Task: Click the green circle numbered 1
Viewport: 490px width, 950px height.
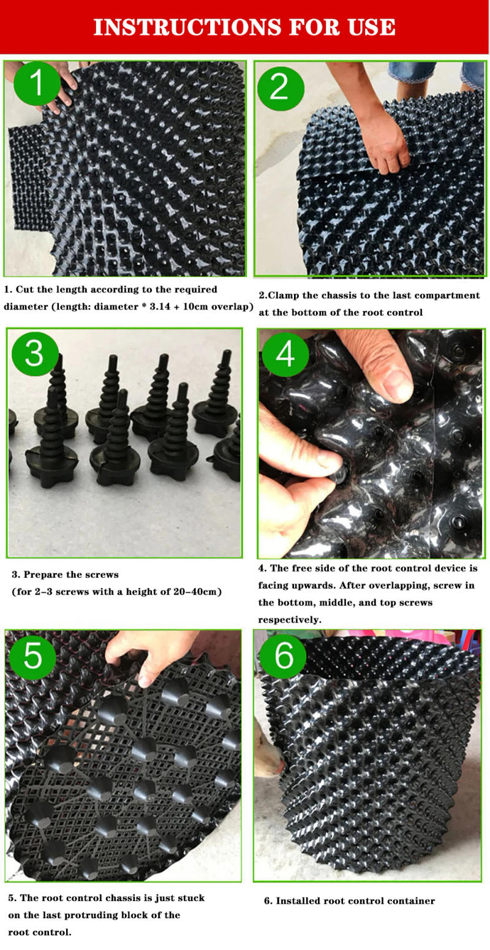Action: pyautogui.click(x=37, y=85)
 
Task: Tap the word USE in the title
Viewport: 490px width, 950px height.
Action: pyautogui.click(x=369, y=27)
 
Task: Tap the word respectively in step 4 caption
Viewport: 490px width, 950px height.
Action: pyautogui.click(x=289, y=619)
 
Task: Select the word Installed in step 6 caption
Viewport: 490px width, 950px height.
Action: pyautogui.click(x=300, y=900)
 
